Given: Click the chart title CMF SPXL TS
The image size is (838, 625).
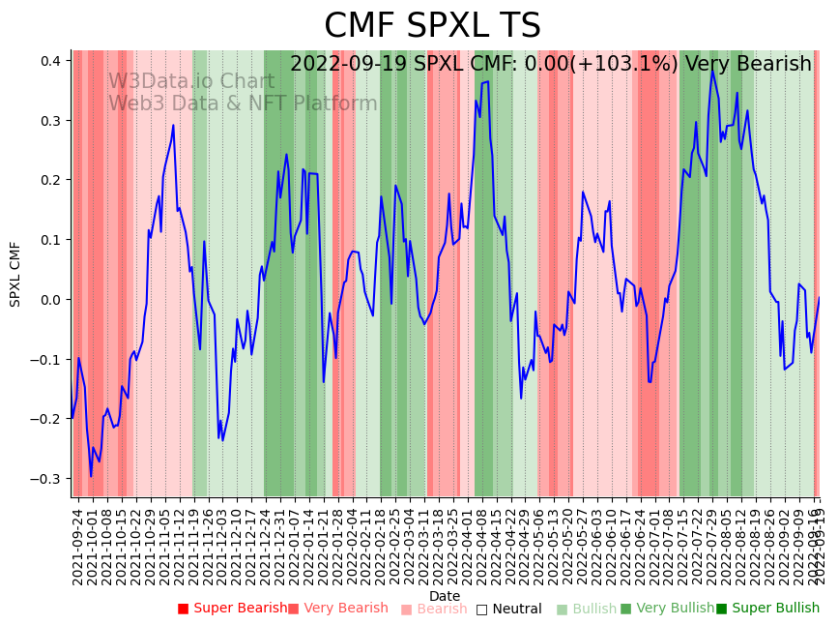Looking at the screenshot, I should click(x=432, y=26).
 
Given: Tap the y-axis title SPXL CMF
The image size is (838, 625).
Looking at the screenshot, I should click(x=15, y=274).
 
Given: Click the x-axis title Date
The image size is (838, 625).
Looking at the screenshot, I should click(x=445, y=596).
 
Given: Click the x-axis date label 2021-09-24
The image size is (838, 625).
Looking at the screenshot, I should click(x=78, y=547).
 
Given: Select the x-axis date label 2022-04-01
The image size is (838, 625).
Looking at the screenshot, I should click(x=468, y=547).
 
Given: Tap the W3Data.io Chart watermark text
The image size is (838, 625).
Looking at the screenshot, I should click(x=190, y=81).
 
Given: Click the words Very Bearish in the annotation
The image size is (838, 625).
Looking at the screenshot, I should click(x=748, y=65).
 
